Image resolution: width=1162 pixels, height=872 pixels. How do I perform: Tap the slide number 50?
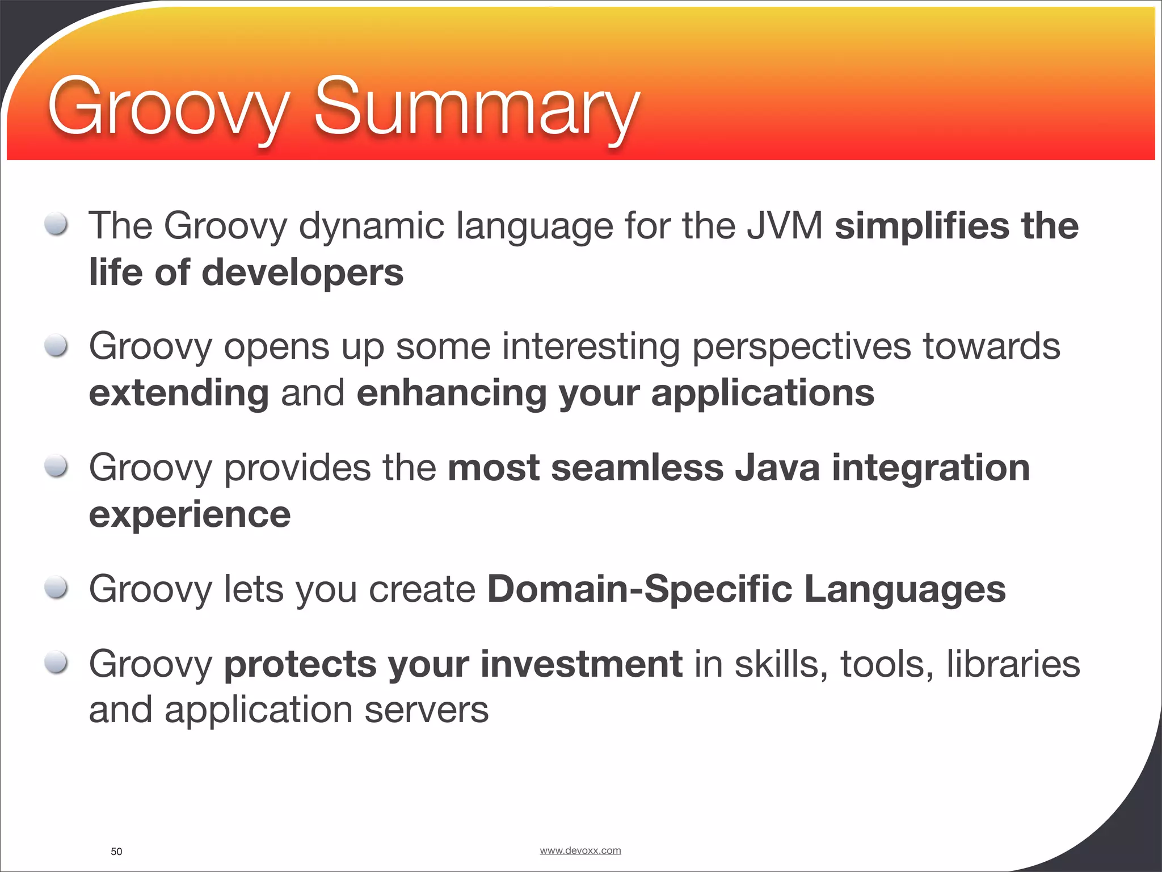[x=116, y=852]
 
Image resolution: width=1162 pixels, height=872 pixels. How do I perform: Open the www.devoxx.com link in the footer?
[x=580, y=850]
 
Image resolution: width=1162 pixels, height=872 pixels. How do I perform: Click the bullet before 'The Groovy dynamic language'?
[x=56, y=224]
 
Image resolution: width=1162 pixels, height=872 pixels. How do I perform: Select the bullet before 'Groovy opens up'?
[x=56, y=345]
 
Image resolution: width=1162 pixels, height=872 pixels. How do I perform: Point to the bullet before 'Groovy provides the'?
[x=56, y=467]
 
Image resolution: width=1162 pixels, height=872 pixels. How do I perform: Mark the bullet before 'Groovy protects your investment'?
[x=56, y=663]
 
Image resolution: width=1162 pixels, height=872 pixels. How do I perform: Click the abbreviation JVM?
[x=784, y=226]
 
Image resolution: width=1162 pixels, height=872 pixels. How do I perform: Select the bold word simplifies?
[x=921, y=226]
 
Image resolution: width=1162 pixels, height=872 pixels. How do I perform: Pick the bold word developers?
[x=302, y=272]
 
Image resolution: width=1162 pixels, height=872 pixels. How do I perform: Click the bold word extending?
[x=179, y=393]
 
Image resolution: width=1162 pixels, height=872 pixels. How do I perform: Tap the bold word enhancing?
[x=451, y=393]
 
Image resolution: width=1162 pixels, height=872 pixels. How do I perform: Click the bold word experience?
[x=190, y=515]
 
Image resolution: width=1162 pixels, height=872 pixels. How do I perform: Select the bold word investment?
[x=582, y=664]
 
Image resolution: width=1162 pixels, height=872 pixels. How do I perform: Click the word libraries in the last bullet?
[x=1013, y=664]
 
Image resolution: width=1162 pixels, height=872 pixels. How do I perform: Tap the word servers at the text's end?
[x=426, y=710]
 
